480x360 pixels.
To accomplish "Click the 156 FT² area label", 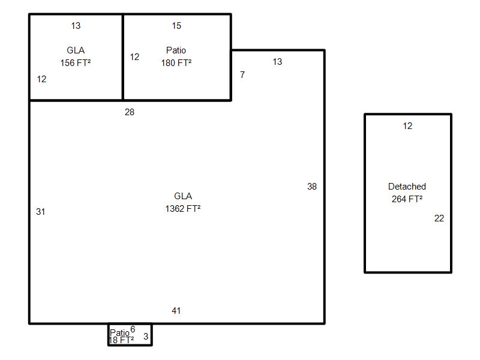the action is [x=76, y=63].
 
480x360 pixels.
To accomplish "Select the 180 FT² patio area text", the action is [x=176, y=63].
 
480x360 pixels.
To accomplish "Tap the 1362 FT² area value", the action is [x=183, y=208].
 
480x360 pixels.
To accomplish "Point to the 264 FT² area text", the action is [x=407, y=199].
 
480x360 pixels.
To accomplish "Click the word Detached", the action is [x=407, y=187].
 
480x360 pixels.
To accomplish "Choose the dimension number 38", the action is [x=312, y=187].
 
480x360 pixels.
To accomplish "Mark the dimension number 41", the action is [x=176, y=311].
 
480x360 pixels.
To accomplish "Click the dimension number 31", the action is [x=41, y=212].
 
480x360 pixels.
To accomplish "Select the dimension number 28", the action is [x=130, y=112].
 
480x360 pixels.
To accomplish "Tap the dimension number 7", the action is [x=242, y=74].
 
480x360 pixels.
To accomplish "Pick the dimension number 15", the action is [x=176, y=26].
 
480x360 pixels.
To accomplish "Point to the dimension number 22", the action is [x=439, y=218].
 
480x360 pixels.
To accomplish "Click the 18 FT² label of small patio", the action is [x=121, y=340].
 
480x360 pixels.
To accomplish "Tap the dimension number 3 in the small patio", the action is [x=146, y=337].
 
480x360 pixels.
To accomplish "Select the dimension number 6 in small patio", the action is [x=133, y=329].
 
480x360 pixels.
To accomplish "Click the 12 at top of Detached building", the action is [x=408, y=126].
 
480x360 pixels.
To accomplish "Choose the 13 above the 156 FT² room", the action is [x=76, y=26].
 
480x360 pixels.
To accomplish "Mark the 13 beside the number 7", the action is [x=277, y=62].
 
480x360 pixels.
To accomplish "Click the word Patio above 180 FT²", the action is [x=176, y=50].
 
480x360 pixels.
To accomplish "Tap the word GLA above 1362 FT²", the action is [x=183, y=196].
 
